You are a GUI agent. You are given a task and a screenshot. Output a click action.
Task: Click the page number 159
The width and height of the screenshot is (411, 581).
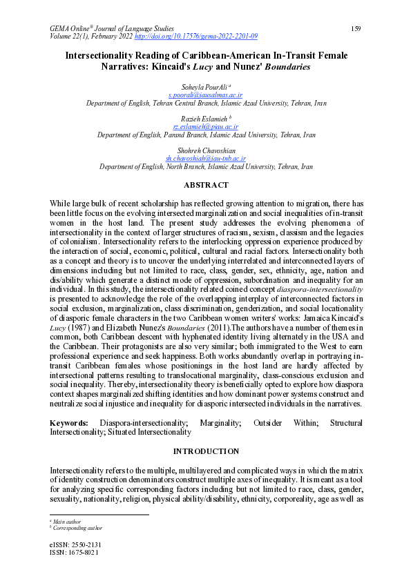tap(356, 28)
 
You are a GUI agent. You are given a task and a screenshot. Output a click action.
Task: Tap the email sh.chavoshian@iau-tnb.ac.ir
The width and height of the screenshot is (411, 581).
tap(206, 159)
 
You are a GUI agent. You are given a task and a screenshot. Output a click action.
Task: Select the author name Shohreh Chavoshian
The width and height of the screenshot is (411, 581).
tap(206, 151)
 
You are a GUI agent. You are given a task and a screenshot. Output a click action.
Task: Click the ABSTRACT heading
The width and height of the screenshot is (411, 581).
tap(206, 185)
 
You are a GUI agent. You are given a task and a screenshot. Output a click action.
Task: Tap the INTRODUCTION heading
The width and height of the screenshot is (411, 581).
tap(206, 451)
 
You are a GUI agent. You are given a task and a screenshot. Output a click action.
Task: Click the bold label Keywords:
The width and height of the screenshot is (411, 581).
tap(69, 422)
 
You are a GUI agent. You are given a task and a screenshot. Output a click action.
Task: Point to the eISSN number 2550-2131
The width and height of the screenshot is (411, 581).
tap(85, 544)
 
